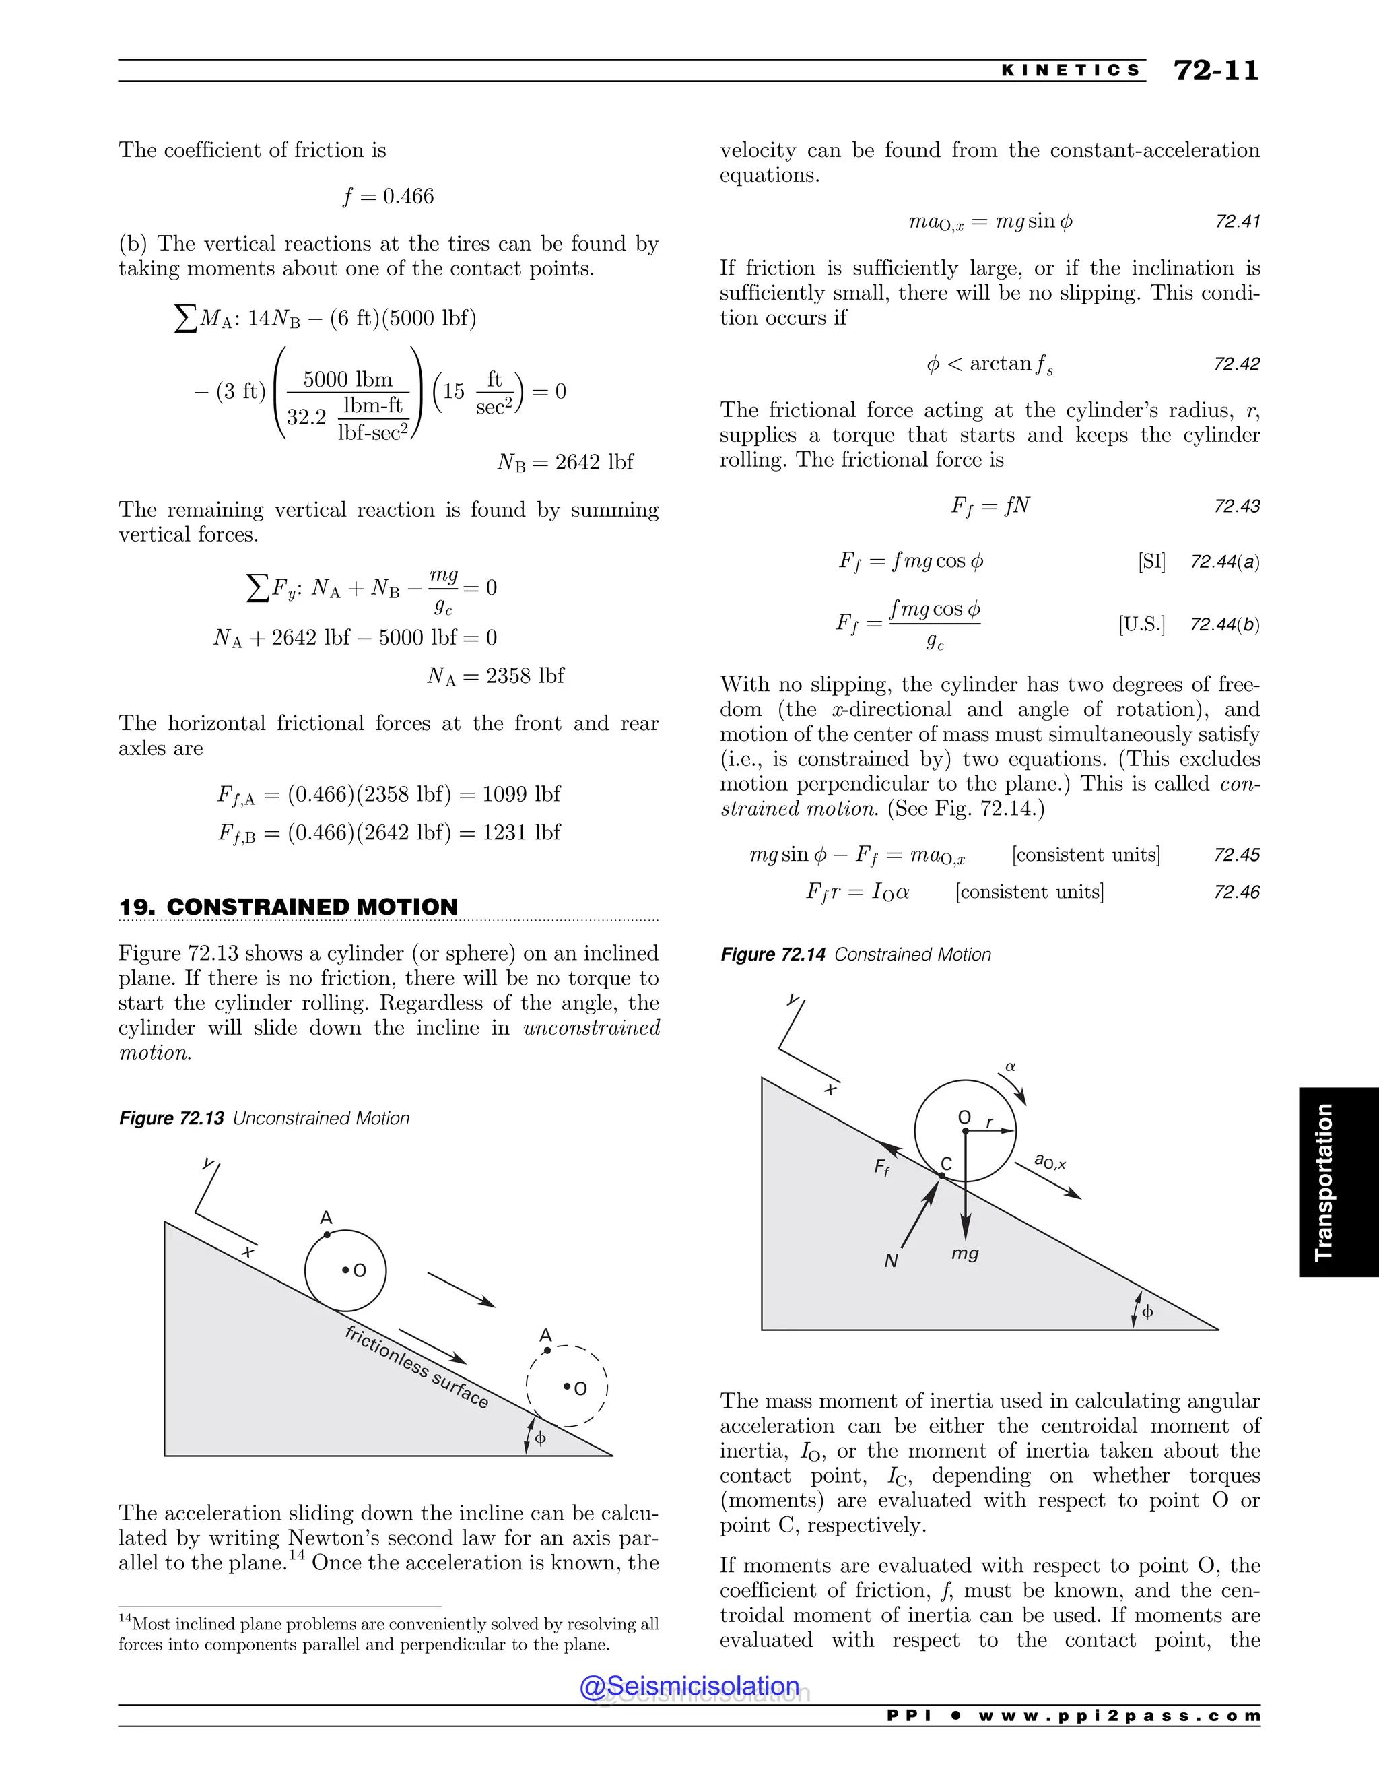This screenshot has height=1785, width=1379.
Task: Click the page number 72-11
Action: click(1215, 71)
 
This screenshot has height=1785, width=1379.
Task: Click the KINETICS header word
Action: click(1071, 71)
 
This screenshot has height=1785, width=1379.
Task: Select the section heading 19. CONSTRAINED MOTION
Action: click(288, 907)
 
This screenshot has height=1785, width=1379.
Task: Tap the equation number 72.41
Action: click(1237, 222)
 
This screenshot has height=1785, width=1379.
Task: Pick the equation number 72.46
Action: click(1237, 892)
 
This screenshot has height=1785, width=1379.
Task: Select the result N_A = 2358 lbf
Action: click(496, 676)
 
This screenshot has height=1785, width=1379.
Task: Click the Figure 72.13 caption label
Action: click(172, 1118)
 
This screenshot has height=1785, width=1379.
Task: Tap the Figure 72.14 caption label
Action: click(773, 954)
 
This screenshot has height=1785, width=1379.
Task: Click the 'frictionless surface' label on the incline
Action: click(417, 1367)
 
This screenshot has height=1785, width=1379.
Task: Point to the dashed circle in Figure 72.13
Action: click(567, 1386)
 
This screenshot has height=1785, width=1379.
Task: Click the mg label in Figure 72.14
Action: click(965, 1253)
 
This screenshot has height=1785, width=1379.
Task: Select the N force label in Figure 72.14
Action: click(892, 1261)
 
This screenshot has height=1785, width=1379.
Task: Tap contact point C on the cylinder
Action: click(942, 1175)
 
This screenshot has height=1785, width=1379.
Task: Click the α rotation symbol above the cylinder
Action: click(1011, 1066)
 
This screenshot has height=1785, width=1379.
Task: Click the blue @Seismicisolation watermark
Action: click(689, 1686)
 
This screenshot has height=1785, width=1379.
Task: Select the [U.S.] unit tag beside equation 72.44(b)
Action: click(1142, 624)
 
